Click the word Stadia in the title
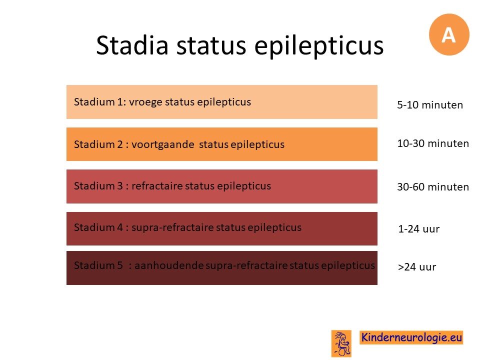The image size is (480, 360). tap(132, 45)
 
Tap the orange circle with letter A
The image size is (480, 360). tap(449, 34)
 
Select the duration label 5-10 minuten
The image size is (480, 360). tap(430, 105)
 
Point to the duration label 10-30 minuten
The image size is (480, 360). tap(433, 143)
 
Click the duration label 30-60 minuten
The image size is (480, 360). tap(433, 186)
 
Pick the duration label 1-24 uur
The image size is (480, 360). tap(419, 229)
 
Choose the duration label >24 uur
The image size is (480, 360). tap(416, 267)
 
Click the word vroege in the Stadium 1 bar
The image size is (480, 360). tap(145, 102)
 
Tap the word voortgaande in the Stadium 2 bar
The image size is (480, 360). tap(162, 144)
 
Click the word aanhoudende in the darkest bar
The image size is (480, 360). tap(169, 265)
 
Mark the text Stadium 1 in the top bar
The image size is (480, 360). tap(98, 102)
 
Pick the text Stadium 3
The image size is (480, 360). tap(98, 186)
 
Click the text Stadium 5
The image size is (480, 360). tap(98, 265)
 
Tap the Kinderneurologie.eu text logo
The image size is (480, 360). tap(411, 337)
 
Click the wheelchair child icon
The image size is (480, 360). tap(341, 343)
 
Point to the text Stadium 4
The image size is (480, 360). tap(98, 227)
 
